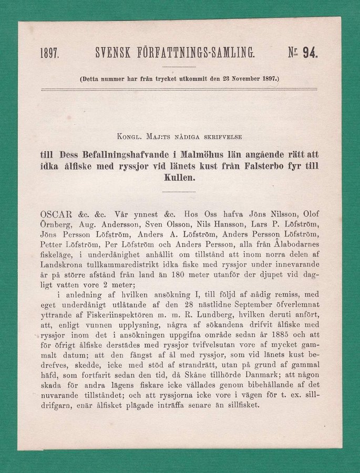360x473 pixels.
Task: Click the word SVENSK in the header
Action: [112, 52]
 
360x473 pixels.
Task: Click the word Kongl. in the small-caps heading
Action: [131, 137]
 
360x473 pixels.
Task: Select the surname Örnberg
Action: [54, 224]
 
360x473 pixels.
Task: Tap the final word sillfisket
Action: [236, 405]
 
